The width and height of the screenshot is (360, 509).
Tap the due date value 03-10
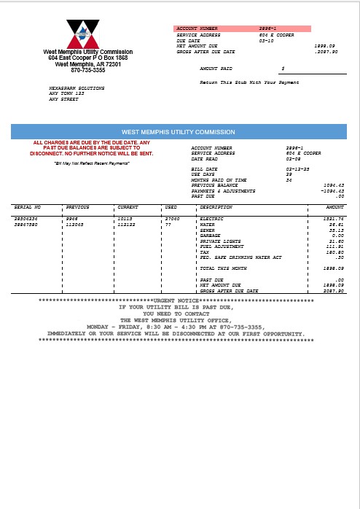click(265, 40)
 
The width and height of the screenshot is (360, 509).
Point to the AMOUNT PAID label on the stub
click(215, 68)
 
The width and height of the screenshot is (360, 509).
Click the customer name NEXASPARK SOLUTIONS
click(76, 88)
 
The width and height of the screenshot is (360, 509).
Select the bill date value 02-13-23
click(295, 168)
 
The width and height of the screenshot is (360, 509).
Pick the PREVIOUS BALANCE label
click(214, 185)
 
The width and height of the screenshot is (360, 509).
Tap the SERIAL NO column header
click(28, 207)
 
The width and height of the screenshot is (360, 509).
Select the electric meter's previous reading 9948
click(72, 219)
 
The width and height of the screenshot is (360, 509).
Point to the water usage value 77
click(168, 225)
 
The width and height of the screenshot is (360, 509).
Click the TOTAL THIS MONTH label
click(223, 268)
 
